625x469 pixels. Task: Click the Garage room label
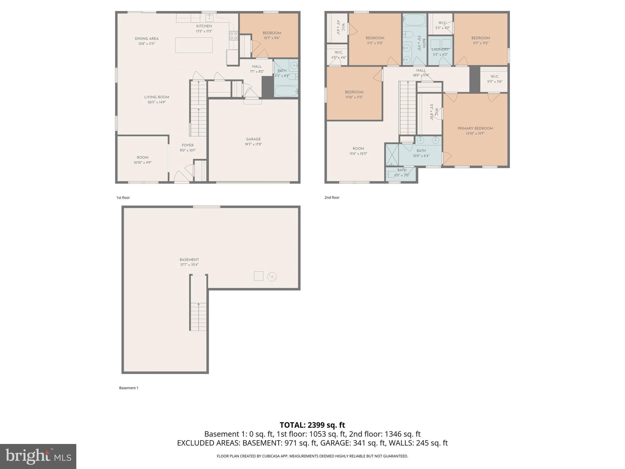253,139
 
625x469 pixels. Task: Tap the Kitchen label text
204,26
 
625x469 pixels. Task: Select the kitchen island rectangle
194,45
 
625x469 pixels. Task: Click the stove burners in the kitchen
233,35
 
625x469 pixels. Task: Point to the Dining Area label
146,39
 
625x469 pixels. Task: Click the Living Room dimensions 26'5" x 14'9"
157,102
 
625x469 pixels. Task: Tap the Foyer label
187,145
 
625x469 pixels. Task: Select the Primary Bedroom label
475,129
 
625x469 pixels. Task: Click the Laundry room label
440,49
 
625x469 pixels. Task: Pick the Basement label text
189,260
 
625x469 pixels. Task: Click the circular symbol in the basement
272,277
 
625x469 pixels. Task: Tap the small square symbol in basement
258,276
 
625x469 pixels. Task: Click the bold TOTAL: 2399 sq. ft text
312,425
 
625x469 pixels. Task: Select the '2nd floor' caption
332,198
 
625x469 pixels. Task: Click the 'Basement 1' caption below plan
128,388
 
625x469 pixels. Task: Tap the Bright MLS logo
38,456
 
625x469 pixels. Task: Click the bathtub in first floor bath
286,91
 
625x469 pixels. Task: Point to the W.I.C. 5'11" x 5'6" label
494,79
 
